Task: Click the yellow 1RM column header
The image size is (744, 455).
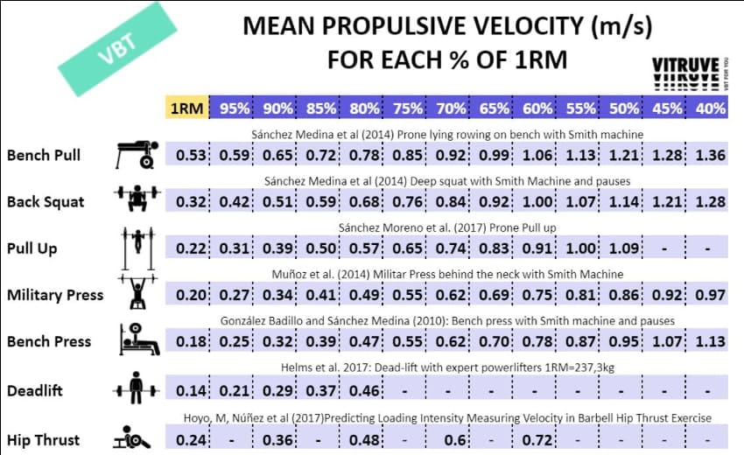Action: pyautogui.click(x=187, y=108)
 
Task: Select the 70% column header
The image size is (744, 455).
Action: pyautogui.click(x=452, y=108)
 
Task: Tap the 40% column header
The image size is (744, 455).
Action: pyautogui.click(x=711, y=108)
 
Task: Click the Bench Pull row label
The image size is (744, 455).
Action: pyautogui.click(x=44, y=155)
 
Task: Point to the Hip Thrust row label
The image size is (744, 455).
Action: pyautogui.click(x=44, y=439)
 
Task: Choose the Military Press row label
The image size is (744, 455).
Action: pyautogui.click(x=54, y=295)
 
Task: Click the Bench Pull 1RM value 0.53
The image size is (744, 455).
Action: pyautogui.click(x=192, y=156)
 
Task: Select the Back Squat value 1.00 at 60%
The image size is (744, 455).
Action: pyautogui.click(x=537, y=202)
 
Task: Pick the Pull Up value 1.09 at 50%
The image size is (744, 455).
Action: pyautogui.click(x=624, y=248)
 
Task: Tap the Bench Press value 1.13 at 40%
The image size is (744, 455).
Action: pyautogui.click(x=710, y=341)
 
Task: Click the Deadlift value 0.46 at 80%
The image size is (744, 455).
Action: pyautogui.click(x=365, y=389)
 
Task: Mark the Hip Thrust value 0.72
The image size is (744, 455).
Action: pyautogui.click(x=537, y=439)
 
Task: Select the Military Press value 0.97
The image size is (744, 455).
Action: pyautogui.click(x=710, y=295)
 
